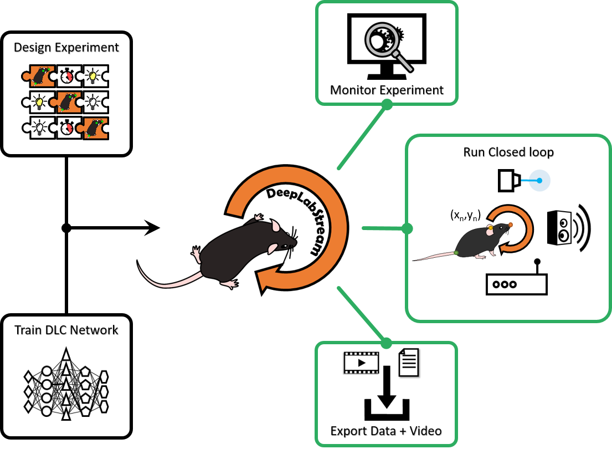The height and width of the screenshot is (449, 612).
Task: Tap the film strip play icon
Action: (361, 363)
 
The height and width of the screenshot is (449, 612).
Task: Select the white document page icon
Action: (409, 363)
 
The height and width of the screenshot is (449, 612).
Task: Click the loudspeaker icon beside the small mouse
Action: (563, 228)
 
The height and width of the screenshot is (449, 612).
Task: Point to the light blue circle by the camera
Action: (539, 181)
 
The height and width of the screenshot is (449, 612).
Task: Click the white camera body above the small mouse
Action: (506, 181)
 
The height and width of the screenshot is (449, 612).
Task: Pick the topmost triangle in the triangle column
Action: (66, 355)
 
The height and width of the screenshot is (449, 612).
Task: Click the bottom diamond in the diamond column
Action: (28, 407)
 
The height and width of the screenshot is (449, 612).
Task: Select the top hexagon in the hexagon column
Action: (104, 377)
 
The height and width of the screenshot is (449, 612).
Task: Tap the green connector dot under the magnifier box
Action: (387, 104)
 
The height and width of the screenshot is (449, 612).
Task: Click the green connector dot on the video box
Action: (387, 343)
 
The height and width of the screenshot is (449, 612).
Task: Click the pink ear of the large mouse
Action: (275, 226)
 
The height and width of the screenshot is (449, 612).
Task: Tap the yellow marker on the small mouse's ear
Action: (491, 227)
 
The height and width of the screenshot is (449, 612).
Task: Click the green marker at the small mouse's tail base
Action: (455, 253)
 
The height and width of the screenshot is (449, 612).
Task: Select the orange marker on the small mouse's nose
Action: (510, 225)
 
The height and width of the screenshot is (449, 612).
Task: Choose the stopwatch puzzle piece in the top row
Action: (67, 76)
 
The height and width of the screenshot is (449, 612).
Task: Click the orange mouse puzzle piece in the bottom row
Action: (95, 128)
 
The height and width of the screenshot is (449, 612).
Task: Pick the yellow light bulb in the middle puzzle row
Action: (40, 102)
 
